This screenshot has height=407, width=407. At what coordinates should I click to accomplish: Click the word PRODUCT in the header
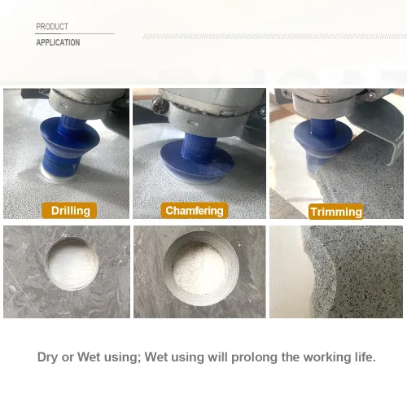(x=52, y=27)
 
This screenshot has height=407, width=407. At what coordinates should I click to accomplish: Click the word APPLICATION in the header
(x=58, y=42)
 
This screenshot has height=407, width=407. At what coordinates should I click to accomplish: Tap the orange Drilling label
(x=69, y=211)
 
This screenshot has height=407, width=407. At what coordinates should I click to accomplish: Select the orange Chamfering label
(x=195, y=211)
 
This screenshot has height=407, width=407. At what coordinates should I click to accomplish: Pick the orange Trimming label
(x=336, y=212)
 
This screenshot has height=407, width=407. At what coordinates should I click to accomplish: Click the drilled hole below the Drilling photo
(x=72, y=264)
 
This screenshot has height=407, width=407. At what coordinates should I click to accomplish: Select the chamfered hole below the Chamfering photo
(x=201, y=269)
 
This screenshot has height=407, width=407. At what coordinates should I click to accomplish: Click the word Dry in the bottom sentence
(x=48, y=357)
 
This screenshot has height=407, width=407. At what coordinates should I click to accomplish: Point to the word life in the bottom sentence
(x=365, y=357)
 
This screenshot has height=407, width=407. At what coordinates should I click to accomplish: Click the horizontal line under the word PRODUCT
(x=75, y=34)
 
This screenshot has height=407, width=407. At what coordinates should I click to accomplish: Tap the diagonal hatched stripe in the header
(x=275, y=37)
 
